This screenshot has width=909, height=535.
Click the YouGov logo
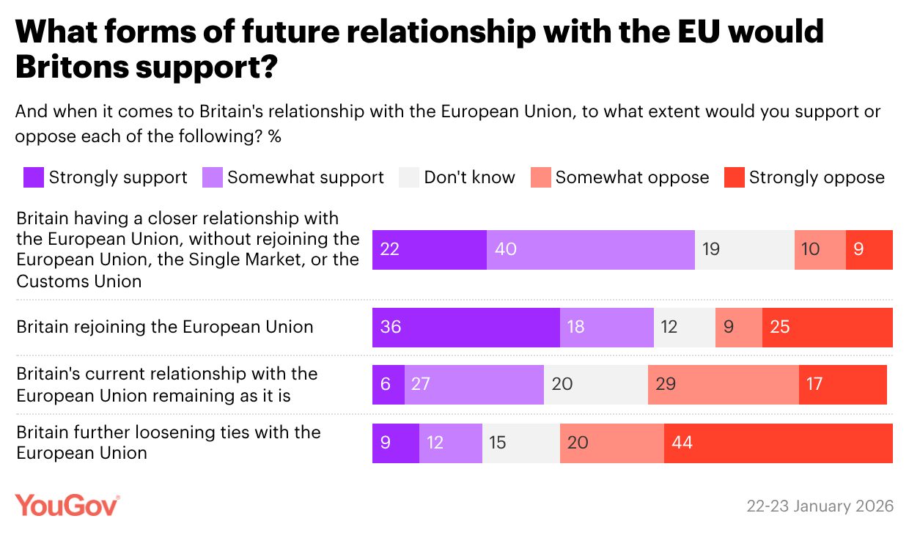(67, 506)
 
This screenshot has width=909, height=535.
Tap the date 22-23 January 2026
(820, 506)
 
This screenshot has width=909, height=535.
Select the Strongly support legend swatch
(34, 177)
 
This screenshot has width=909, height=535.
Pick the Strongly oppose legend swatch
(734, 177)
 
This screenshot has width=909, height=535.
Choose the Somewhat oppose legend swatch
(541, 177)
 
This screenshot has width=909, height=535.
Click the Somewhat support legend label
(306, 177)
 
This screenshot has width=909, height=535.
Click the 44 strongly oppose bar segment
(778, 443)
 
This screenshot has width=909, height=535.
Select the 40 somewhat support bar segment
(590, 249)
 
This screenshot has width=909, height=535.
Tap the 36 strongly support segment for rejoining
(465, 327)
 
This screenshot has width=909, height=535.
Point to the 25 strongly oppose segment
(827, 327)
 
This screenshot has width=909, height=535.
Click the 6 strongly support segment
(388, 385)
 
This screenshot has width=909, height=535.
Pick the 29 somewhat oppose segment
(723, 385)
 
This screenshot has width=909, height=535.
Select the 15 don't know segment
(520, 443)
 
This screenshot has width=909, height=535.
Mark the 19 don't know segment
(744, 249)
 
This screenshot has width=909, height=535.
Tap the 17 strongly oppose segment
(842, 385)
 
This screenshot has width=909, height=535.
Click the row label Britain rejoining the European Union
(165, 327)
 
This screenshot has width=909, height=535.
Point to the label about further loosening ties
(169, 442)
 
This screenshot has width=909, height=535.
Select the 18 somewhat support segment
(606, 327)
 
